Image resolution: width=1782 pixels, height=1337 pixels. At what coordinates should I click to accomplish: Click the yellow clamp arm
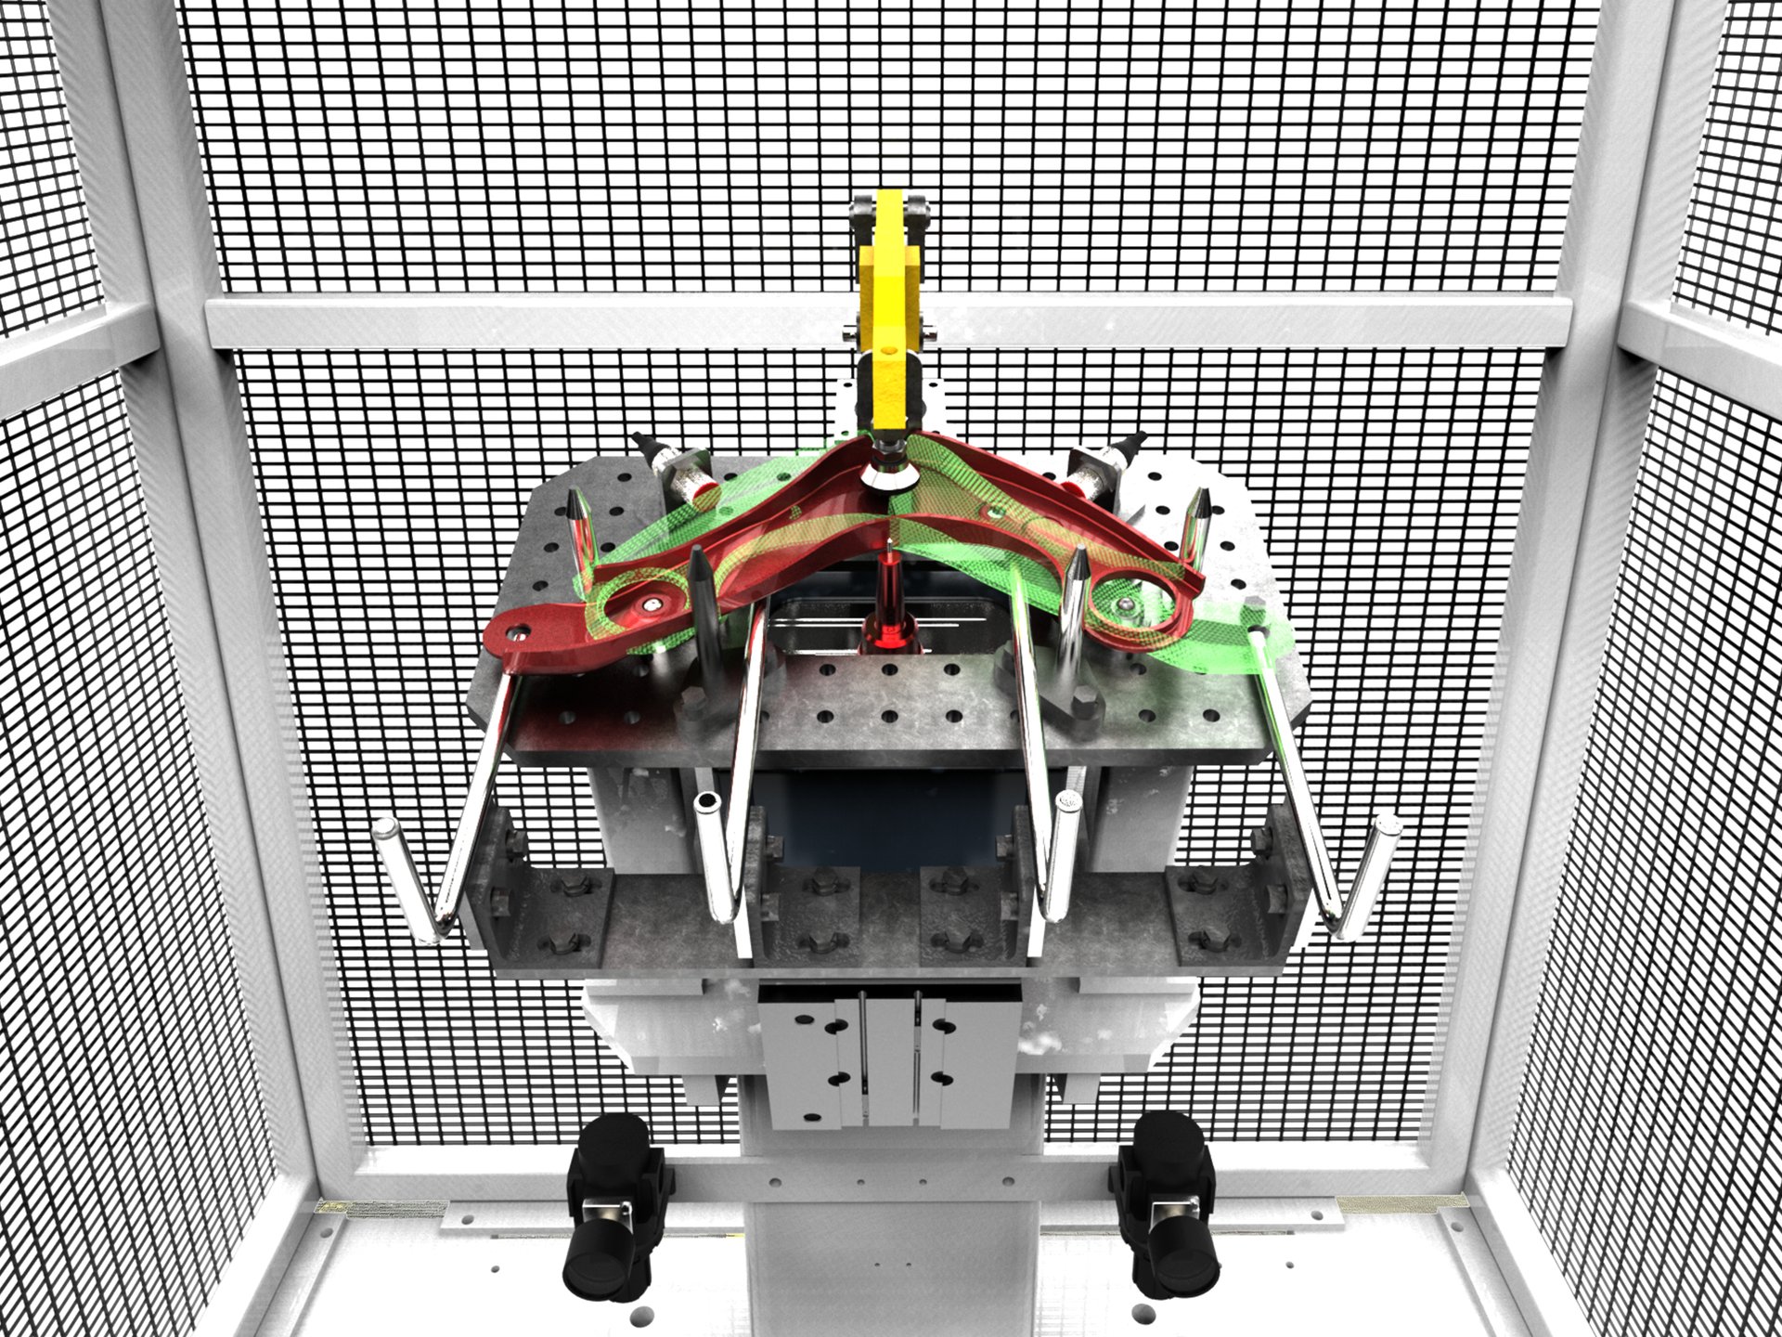click(890, 306)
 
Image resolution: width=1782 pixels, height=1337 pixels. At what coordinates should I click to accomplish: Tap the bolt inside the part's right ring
click(1124, 606)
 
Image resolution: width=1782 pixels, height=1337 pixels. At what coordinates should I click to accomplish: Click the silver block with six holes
click(891, 1058)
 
